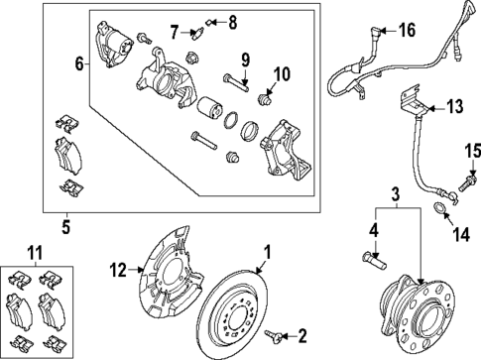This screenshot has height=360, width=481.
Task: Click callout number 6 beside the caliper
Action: tap(79, 64)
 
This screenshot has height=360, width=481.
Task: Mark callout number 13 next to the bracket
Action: tap(455, 106)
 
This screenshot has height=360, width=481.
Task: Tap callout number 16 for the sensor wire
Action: tap(406, 31)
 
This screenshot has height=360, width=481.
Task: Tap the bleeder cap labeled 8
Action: tap(208, 20)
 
